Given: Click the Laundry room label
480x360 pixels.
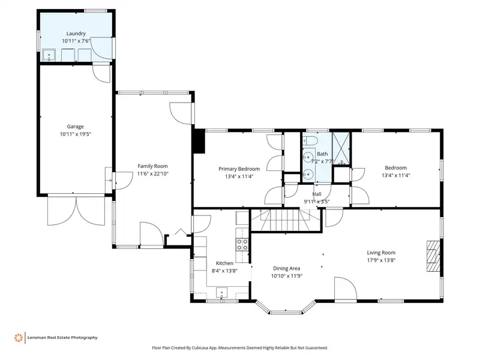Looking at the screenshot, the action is tap(76, 34).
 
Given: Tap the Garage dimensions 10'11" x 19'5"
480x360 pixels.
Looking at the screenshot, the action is tap(76, 134).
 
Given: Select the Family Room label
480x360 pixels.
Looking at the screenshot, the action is tap(152, 166).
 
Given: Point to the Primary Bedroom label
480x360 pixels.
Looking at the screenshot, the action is tap(239, 169).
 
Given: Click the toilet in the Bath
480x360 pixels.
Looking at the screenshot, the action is tap(310, 140).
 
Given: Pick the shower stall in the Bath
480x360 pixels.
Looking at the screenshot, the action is tap(341, 148).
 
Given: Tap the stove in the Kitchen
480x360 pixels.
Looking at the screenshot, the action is tap(242, 245).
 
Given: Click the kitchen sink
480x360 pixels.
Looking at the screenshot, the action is tap(221, 292).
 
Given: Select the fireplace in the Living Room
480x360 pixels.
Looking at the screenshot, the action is tap(433, 256).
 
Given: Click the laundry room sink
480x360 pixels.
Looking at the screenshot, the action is tap(49, 55).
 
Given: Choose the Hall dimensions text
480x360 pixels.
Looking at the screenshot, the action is tap(317, 202).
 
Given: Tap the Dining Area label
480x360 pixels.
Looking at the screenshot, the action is tap(287, 268).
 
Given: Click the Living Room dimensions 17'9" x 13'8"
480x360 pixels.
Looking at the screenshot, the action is tap(381, 260).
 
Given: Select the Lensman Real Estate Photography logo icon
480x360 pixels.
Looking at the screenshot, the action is tap(19, 338).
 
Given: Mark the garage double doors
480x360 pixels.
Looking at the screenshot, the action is tap(76, 211).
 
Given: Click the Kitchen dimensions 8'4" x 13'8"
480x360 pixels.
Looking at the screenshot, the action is tap(224, 271).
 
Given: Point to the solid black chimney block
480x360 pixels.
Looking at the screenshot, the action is tap(199, 141).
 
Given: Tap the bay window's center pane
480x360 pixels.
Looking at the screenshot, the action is tap(286, 313).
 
